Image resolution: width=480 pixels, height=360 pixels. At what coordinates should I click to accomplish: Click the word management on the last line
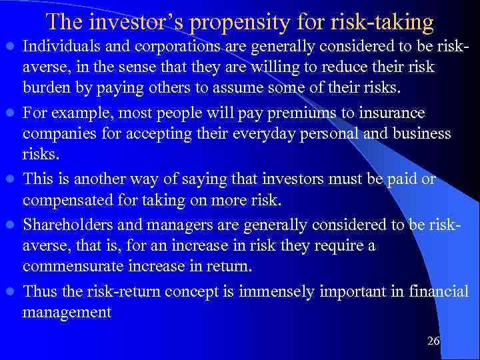67,312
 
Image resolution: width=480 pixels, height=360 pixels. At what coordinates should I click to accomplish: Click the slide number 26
433,341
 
